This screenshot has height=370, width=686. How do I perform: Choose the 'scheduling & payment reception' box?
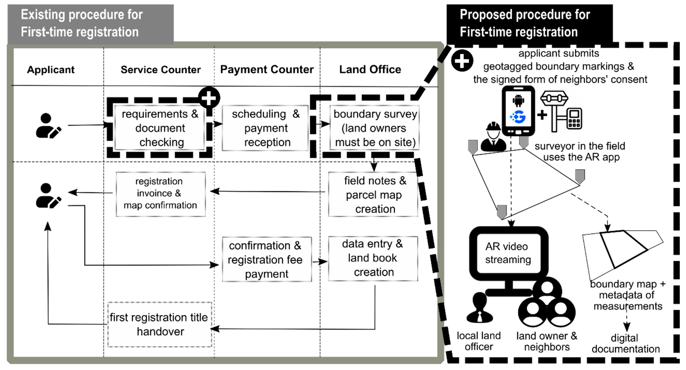click(x=266, y=128)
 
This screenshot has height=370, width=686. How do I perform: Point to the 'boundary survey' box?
click(x=375, y=128)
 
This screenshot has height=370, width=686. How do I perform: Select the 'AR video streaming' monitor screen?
click(x=508, y=253)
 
